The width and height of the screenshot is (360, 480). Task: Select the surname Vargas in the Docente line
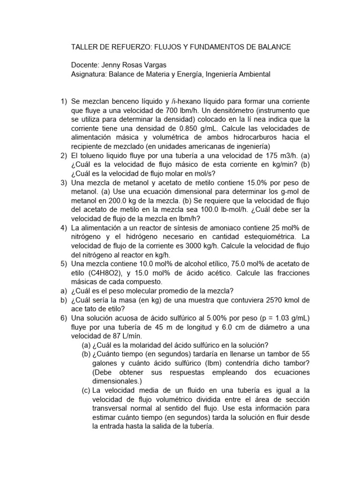coord(154,65)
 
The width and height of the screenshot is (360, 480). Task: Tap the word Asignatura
coord(89,74)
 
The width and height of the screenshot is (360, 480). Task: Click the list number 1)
coord(64,102)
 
